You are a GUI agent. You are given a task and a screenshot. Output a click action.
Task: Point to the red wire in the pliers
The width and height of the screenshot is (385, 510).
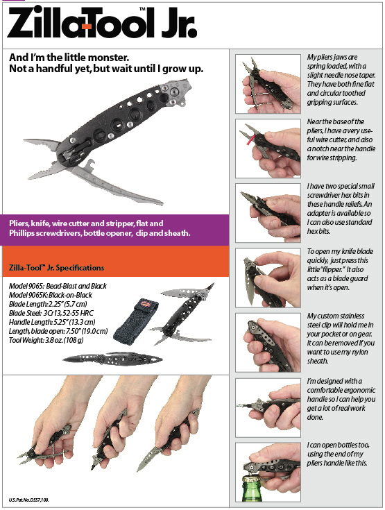pyautogui.click(x=250, y=140)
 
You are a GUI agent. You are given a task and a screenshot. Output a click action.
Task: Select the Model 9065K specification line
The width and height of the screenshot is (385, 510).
pyautogui.click(x=51, y=295)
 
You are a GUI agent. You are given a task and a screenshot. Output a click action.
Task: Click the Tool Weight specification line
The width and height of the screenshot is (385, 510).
pyautogui.click(x=46, y=340)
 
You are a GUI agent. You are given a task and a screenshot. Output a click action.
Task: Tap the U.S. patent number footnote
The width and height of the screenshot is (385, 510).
pyautogui.click(x=29, y=500)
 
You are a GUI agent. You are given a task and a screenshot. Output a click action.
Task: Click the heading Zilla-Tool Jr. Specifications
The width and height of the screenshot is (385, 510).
pyautogui.click(x=56, y=268)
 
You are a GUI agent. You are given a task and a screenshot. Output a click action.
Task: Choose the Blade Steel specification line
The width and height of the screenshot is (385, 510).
pyautogui.click(x=51, y=313)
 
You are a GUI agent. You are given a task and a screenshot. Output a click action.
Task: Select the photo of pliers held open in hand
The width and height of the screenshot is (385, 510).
pyautogui.click(x=268, y=84)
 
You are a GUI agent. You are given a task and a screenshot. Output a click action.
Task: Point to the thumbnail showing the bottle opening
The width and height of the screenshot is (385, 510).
pyautogui.click(x=268, y=473)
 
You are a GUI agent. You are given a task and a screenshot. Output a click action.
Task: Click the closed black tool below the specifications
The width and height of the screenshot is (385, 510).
pyautogui.click(x=112, y=359)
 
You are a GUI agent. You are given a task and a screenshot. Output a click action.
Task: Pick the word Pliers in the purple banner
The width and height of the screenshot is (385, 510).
pyautogui.click(x=19, y=223)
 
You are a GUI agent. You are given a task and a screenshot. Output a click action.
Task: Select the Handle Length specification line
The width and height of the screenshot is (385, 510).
pyautogui.click(x=52, y=323)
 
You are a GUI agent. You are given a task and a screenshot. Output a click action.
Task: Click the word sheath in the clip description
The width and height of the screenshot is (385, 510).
pyautogui.click(x=318, y=361)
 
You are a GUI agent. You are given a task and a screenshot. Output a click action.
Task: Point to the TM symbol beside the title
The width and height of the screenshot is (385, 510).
pyautogui.click(x=142, y=9)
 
